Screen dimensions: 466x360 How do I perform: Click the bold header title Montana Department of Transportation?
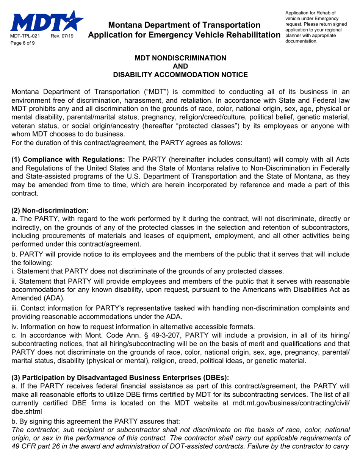tap(184, 25)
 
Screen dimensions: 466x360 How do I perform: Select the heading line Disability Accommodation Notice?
tap(181, 75)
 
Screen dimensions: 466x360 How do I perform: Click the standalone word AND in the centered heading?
tap(181, 66)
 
